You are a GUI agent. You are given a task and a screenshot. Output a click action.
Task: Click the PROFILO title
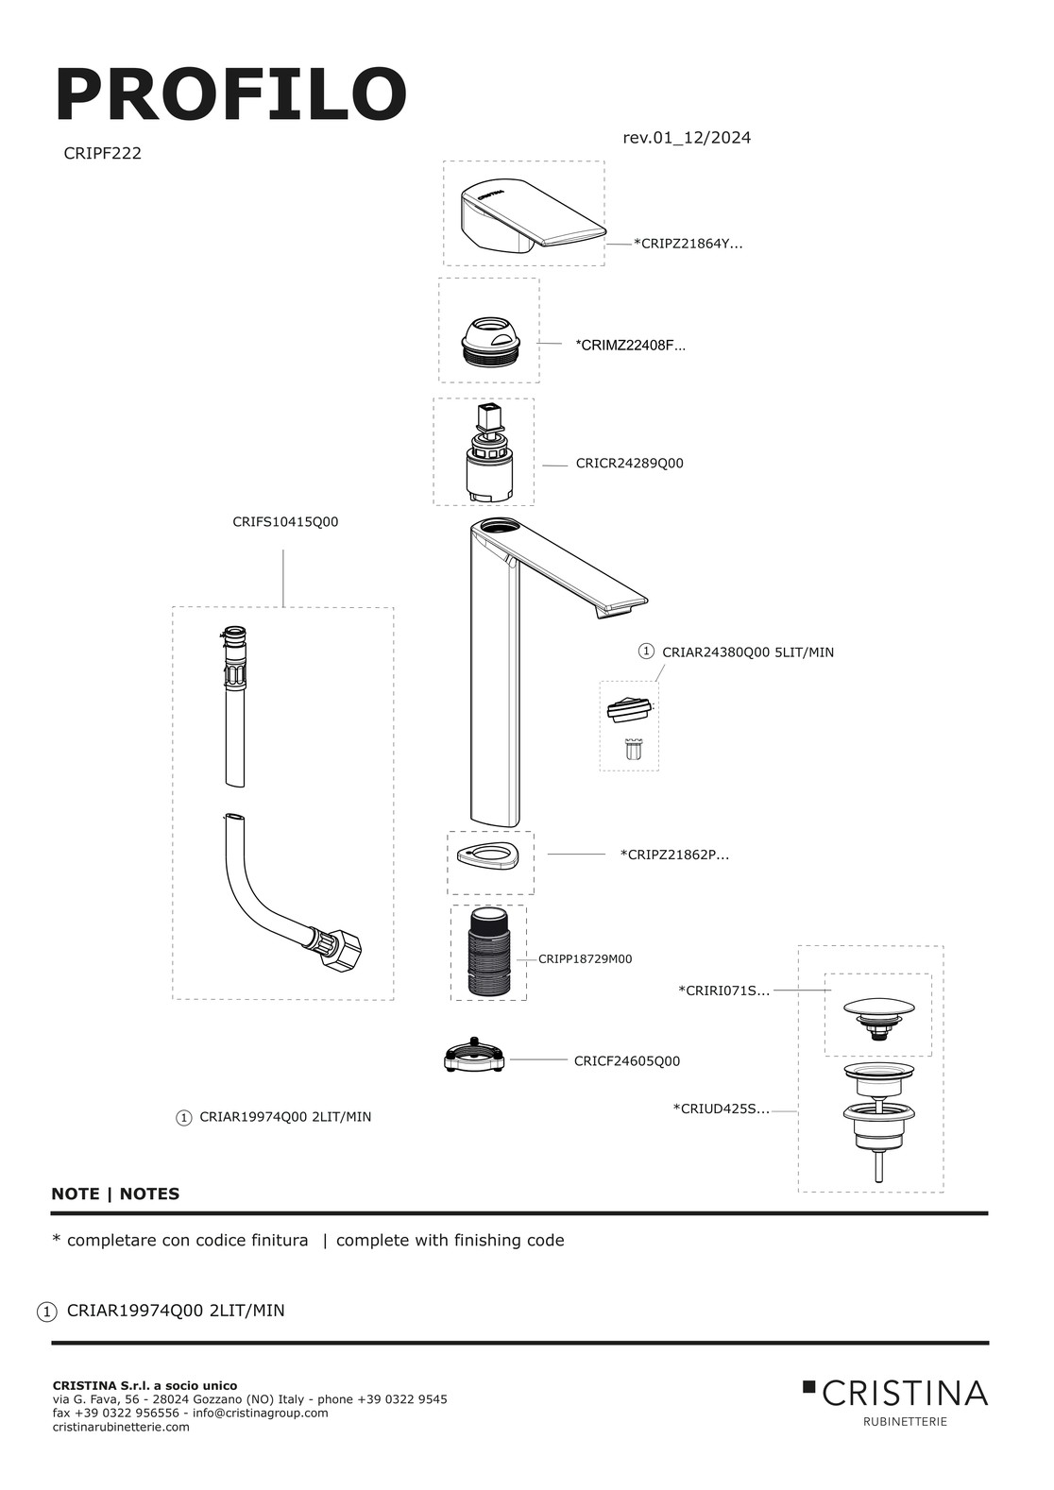[x=230, y=94]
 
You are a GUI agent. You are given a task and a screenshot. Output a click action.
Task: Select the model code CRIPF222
[x=102, y=154]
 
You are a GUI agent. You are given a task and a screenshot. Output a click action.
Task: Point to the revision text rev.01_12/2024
[x=687, y=138]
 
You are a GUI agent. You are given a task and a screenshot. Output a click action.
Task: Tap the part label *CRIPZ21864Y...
[x=688, y=244]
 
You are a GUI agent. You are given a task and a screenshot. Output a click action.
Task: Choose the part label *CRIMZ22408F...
[x=630, y=346]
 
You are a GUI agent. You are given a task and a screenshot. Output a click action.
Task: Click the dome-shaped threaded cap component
[x=489, y=341]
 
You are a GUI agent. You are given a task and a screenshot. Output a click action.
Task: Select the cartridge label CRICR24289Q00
[x=629, y=464]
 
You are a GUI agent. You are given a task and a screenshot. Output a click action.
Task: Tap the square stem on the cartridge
[x=487, y=419]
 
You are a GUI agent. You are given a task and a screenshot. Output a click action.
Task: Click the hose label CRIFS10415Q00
[x=285, y=522]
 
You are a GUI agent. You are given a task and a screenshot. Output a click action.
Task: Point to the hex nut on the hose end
[x=341, y=950]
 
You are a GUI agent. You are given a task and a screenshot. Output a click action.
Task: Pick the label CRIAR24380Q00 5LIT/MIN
[x=748, y=652]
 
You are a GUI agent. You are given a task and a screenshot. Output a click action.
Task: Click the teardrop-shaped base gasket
[x=489, y=856]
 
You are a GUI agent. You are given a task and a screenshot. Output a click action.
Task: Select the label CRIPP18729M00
[x=585, y=959]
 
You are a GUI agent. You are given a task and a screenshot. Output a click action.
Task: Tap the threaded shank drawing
[x=488, y=953]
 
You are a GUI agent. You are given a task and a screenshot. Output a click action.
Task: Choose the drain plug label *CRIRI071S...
[x=724, y=991]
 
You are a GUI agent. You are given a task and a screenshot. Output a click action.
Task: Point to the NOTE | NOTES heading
[x=115, y=1194]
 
